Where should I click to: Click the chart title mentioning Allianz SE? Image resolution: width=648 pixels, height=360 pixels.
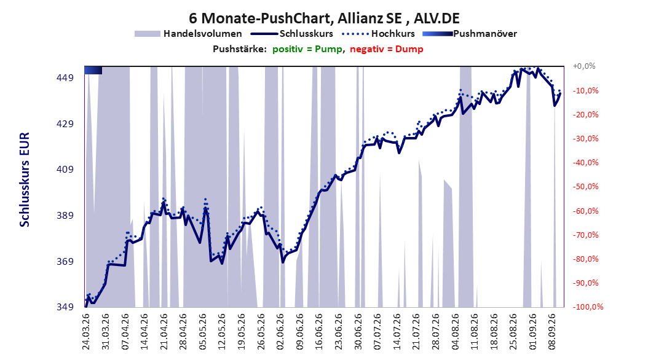click(x=324, y=18)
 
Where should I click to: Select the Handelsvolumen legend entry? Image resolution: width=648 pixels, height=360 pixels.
click(x=188, y=34)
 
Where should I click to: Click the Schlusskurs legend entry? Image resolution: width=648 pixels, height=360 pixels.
click(x=292, y=34)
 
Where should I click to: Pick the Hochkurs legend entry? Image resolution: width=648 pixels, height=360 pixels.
click(x=378, y=34)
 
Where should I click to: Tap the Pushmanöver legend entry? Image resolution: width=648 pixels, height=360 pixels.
click(x=470, y=34)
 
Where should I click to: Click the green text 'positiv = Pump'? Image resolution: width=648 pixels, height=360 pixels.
click(x=307, y=49)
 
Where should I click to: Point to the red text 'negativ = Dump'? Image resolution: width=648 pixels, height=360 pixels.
click(x=387, y=49)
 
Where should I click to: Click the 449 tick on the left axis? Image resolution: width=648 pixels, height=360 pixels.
click(x=65, y=78)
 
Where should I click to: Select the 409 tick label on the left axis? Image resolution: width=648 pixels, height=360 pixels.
click(x=65, y=170)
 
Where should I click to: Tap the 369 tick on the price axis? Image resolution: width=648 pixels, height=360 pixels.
click(x=65, y=261)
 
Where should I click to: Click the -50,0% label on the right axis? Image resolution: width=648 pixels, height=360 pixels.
click(x=585, y=187)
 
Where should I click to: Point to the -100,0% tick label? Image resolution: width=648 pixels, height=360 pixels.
click(x=588, y=307)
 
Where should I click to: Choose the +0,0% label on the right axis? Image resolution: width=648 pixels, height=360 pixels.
click(x=584, y=66)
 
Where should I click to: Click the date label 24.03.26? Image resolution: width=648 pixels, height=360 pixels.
click(x=86, y=332)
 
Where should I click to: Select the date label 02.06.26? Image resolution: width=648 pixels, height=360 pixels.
click(x=280, y=332)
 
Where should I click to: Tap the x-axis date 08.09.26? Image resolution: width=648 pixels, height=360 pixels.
click(x=553, y=332)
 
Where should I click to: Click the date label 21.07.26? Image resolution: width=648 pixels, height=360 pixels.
click(x=417, y=332)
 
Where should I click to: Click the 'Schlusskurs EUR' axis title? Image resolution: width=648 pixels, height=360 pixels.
click(x=25, y=179)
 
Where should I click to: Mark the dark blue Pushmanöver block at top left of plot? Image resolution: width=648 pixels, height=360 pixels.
click(x=93, y=71)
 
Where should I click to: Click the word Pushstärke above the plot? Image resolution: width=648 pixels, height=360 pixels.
click(x=240, y=49)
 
